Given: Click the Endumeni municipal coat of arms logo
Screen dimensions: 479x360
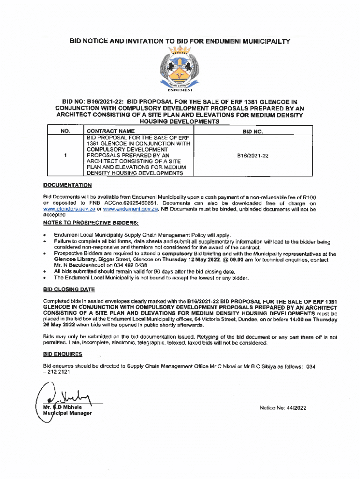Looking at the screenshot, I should [180, 68].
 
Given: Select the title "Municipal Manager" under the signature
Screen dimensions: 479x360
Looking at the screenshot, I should [65, 414].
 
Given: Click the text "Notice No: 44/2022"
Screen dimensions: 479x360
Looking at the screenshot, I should [283, 408].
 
